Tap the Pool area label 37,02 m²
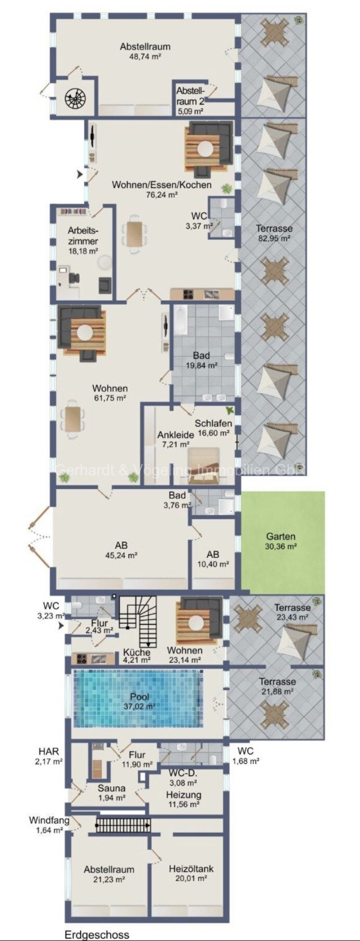(x=139, y=707)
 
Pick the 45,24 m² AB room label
(x=121, y=550)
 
